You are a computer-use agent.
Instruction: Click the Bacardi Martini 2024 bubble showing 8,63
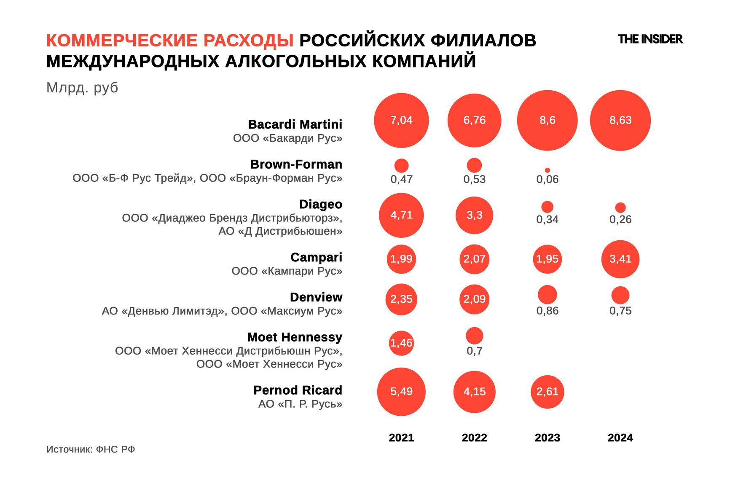click(620, 120)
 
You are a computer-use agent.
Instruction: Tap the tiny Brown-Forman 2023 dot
click(547, 170)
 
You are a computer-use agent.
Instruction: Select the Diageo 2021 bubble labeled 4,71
click(401, 215)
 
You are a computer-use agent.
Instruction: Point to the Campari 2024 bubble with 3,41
click(620, 259)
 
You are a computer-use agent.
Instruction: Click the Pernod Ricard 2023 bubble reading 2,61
click(547, 392)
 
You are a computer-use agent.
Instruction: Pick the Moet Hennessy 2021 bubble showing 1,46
click(401, 343)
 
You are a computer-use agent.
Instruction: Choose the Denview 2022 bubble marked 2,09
click(474, 299)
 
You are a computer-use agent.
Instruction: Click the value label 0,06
click(547, 180)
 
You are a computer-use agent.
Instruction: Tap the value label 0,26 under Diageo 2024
click(620, 219)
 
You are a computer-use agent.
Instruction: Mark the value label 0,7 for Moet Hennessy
click(474, 351)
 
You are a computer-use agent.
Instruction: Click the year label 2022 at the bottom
click(474, 438)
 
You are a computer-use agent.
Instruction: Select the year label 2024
click(620, 438)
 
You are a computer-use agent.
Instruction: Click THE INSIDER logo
click(650, 39)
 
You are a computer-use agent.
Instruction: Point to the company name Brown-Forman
click(296, 164)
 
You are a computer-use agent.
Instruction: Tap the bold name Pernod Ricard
click(298, 390)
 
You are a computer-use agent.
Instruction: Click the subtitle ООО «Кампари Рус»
click(287, 271)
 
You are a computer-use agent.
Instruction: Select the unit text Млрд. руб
click(82, 88)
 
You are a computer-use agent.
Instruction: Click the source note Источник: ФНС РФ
click(91, 449)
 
